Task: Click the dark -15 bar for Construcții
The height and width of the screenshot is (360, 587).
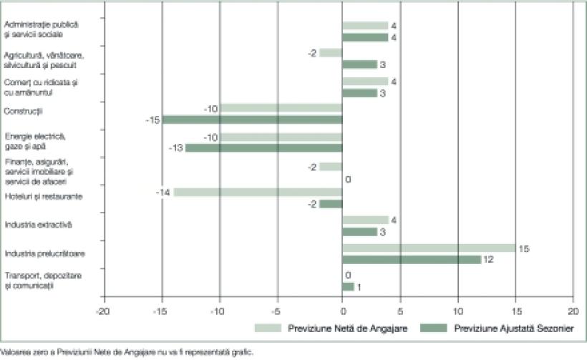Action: pyautogui.click(x=252, y=120)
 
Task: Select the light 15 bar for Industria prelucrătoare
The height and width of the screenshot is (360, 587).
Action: pyautogui.click(x=429, y=248)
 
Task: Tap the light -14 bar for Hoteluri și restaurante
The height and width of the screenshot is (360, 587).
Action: pyautogui.click(x=258, y=192)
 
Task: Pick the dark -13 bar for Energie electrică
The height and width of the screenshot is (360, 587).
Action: pyautogui.click(x=263, y=147)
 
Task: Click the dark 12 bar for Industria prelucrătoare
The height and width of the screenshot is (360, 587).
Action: pyautogui.click(x=412, y=259)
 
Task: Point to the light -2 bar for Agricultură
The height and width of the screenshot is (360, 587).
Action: pyautogui.click(x=331, y=53)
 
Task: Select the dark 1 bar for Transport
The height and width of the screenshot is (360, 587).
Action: pyautogui.click(x=348, y=286)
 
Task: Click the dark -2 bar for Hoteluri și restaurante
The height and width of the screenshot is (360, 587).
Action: pyautogui.click(x=331, y=204)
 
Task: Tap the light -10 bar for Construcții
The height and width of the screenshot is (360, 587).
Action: pyautogui.click(x=281, y=108)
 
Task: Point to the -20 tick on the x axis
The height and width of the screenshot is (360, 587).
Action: pyautogui.click(x=105, y=312)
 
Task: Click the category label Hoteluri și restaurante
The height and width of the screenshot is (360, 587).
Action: pyautogui.click(x=42, y=196)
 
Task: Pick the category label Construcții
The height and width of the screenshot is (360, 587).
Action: pyautogui.click(x=24, y=111)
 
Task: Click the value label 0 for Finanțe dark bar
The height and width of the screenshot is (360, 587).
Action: pyautogui.click(x=348, y=179)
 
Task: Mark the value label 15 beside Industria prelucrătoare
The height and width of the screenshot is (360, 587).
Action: pyautogui.click(x=523, y=248)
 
